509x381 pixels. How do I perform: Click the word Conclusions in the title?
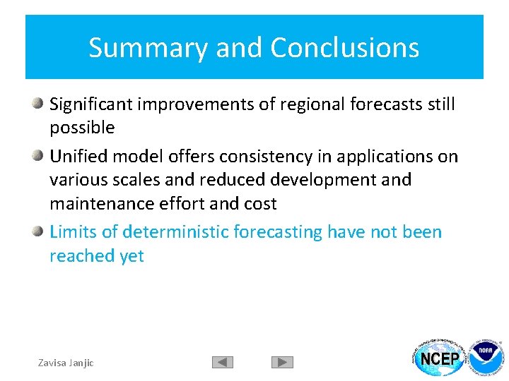point(344,48)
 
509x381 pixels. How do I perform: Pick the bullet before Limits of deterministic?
point(39,231)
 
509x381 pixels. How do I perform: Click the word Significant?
point(91,104)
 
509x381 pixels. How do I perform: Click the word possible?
point(81,128)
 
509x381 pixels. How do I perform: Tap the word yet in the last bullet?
point(131,256)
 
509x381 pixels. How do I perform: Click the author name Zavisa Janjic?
point(66,363)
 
